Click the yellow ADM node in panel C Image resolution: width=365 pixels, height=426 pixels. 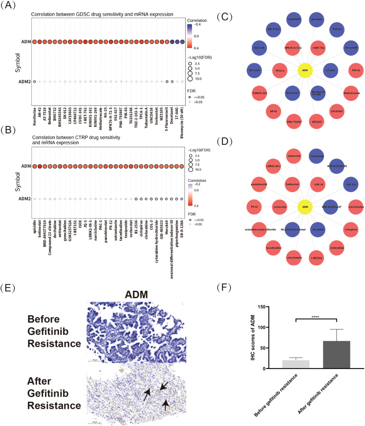click(304, 71)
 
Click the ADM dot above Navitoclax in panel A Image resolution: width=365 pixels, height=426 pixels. click(35, 42)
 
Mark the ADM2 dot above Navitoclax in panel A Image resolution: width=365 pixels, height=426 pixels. click(35, 82)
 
